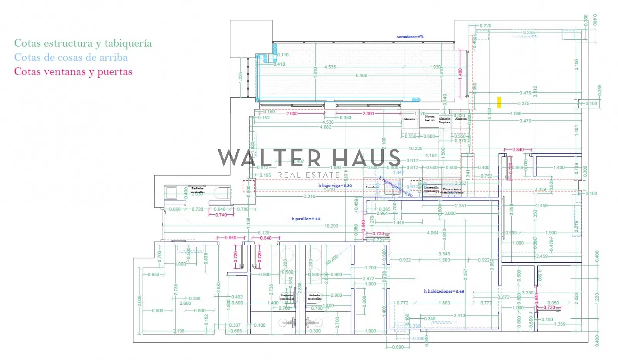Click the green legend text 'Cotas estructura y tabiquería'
[83, 43]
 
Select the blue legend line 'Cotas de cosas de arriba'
[71, 58]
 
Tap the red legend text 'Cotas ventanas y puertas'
[73, 72]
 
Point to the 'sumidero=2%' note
[410, 37]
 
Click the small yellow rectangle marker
[499, 102]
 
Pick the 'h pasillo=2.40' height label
[306, 219]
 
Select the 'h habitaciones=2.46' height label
[444, 291]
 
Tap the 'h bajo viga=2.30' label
[335, 185]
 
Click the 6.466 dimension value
[362, 75]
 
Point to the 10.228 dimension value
[415, 148]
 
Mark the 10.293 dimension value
[331, 226]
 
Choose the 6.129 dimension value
[264, 233]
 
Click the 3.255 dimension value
[529, 32]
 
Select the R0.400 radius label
[332, 259]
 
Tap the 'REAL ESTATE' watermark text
[308, 175]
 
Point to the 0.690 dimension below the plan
[398, 347]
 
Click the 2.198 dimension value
[179, 331]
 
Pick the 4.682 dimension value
[326, 127]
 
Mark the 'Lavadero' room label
[372, 187]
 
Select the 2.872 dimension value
[368, 278]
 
